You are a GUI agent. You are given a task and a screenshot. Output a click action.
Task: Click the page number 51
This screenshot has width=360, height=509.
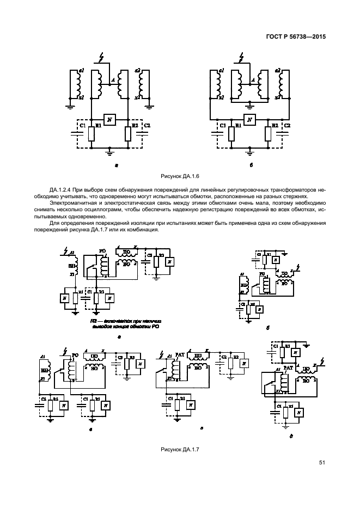(322, 463)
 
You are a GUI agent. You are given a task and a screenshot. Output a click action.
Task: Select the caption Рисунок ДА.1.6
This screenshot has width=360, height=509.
(180, 176)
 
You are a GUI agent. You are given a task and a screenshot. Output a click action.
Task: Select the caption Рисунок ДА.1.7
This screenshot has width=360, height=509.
(180, 449)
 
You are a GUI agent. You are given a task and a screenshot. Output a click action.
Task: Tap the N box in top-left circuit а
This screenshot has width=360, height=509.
(109, 120)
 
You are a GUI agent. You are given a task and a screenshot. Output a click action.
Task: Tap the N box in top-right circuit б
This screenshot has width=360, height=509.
(250, 120)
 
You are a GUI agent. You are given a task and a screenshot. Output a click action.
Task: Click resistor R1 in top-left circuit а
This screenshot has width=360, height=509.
(91, 133)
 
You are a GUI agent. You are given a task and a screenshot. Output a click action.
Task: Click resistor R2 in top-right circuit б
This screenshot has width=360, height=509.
(268, 133)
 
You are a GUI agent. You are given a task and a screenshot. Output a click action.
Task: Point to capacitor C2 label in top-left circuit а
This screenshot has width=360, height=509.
(147, 126)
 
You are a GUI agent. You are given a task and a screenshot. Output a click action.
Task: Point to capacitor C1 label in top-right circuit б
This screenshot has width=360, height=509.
(222, 126)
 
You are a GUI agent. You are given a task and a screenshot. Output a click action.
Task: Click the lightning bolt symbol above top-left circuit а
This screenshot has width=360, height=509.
(99, 58)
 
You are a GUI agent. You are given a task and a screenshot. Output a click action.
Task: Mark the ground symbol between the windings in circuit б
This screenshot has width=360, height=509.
(250, 105)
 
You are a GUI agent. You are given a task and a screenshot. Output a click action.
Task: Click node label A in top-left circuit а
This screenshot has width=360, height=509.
(112, 81)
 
